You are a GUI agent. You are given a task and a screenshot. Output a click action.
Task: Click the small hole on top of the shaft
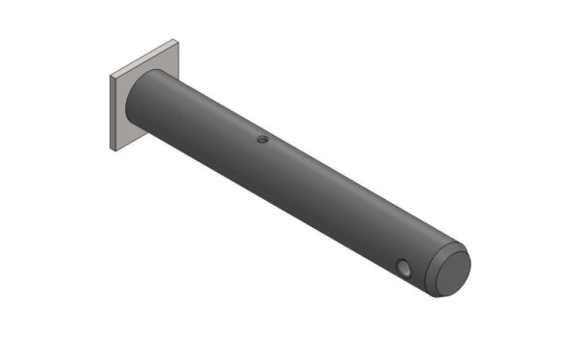[x=262, y=139]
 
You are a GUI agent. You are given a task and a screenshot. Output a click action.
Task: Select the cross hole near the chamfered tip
[x=404, y=267]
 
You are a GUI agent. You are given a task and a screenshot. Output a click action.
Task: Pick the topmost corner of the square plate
[x=177, y=41]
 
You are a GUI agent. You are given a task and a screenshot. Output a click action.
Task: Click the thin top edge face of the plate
[x=143, y=59]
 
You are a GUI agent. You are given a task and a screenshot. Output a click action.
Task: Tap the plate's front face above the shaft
[x=155, y=64]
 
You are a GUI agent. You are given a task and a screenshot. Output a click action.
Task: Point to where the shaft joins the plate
[x=139, y=97]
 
